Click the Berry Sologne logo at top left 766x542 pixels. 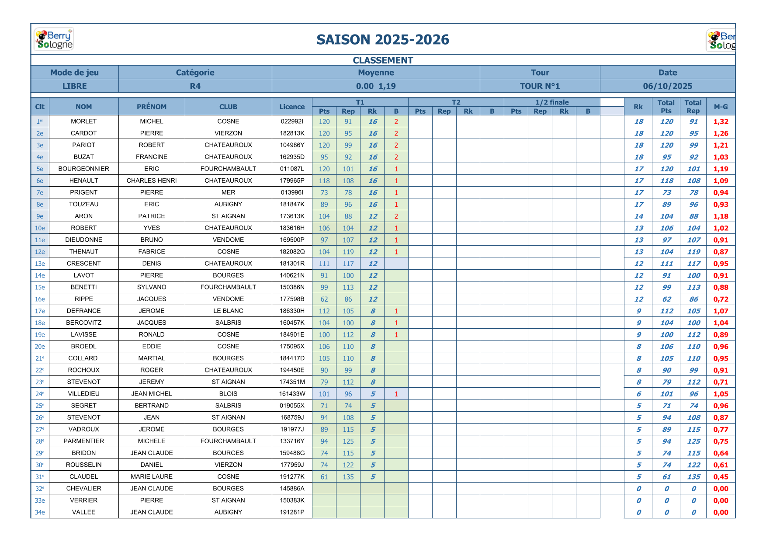tap(54, 39)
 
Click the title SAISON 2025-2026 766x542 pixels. tap(382, 40)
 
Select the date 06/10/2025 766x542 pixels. tap(667, 86)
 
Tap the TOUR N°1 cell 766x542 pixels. tap(540, 86)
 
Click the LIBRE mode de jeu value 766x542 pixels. tap(74, 86)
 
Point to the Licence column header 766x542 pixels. tap(292, 107)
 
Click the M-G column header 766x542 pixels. tap(721, 107)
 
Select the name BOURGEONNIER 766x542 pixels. tap(83, 169)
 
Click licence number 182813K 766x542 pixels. tap(292, 133)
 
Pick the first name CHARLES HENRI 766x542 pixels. tap(152, 181)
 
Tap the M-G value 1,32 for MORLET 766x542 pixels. tap(721, 122)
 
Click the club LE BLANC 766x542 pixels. tap(228, 311)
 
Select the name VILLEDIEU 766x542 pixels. tap(83, 394)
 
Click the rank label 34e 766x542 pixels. tap(40, 512)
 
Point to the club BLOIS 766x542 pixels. tap(228, 394)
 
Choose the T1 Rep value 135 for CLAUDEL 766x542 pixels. tap(348, 477)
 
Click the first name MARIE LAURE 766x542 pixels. tap(152, 477)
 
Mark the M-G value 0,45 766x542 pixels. tap(721, 477)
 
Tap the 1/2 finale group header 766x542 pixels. tap(552, 102)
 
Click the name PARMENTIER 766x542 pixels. tap(83, 441)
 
